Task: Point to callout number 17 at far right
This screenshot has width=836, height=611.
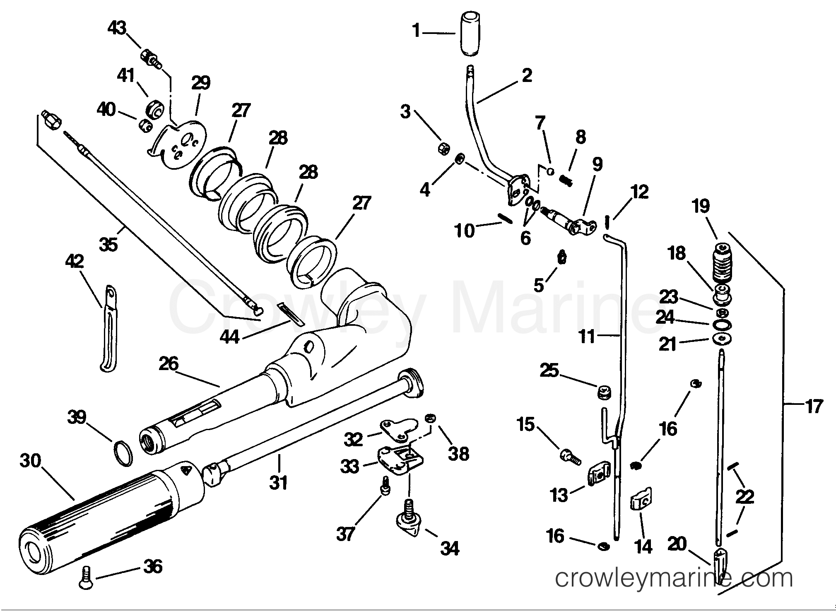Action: coord(813,406)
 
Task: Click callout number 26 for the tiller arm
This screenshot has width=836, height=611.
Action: coord(169,364)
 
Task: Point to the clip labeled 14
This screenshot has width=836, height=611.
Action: coord(641,503)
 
